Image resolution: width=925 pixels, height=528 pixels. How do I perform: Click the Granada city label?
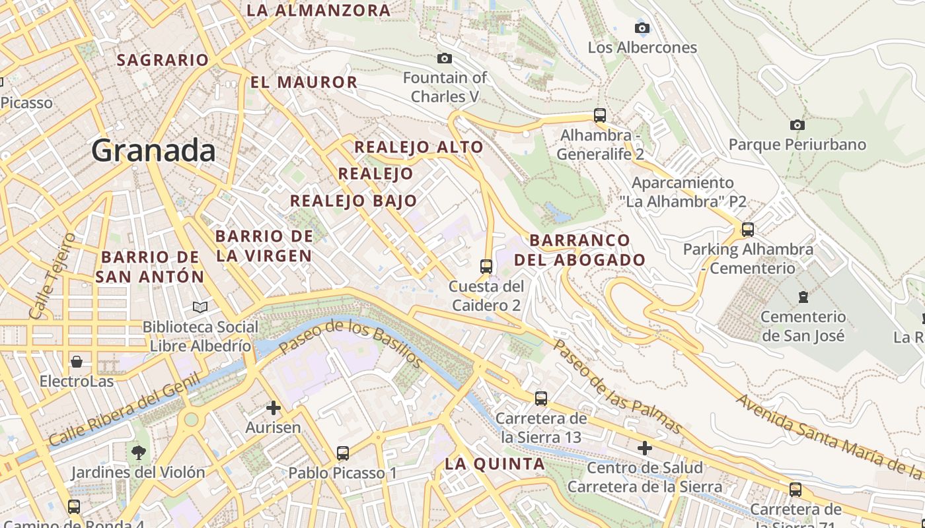click(x=153, y=150)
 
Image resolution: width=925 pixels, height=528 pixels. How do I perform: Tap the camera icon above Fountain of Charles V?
click(x=445, y=59)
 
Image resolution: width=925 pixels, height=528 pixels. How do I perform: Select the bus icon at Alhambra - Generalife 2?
click(x=600, y=115)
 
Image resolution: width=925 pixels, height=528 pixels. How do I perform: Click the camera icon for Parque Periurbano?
click(x=797, y=125)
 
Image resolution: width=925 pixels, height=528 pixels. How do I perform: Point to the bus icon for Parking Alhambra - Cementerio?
click(x=748, y=230)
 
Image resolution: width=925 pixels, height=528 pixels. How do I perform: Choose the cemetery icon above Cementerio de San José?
click(x=803, y=297)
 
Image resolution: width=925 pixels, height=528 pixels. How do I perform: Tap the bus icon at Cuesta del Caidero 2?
click(x=486, y=267)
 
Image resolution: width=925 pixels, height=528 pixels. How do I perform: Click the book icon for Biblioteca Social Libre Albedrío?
click(x=200, y=307)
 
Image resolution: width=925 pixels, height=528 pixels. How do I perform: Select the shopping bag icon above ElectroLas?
click(x=77, y=362)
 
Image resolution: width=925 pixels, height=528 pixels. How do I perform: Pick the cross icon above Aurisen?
click(x=273, y=408)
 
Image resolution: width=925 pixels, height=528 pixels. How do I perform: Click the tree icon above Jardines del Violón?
click(x=138, y=453)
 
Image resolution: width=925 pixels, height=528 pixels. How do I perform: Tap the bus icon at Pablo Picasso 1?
click(x=342, y=453)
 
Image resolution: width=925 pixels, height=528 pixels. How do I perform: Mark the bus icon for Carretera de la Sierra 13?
click(x=541, y=399)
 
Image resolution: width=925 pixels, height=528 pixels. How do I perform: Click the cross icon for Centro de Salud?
click(x=645, y=448)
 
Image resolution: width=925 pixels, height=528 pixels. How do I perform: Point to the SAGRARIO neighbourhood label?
click(x=163, y=60)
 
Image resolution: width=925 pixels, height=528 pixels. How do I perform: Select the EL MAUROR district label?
click(x=304, y=82)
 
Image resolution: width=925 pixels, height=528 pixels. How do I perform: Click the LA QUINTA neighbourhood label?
click(x=495, y=464)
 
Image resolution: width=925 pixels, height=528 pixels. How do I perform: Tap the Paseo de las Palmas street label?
click(x=616, y=386)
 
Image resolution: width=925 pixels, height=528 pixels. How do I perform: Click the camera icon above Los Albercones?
click(x=642, y=28)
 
